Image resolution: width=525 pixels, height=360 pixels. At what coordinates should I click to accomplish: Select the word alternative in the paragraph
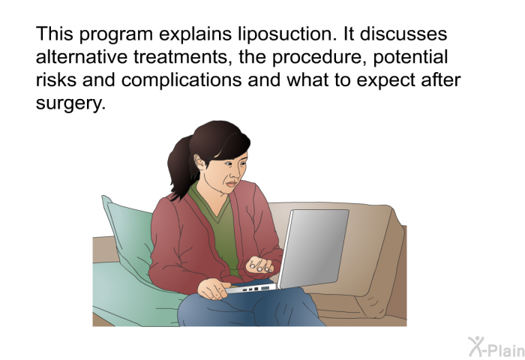click(81, 56)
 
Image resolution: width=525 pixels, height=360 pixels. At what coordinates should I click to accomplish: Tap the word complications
click(181, 80)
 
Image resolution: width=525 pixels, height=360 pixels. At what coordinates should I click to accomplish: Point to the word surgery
click(70, 103)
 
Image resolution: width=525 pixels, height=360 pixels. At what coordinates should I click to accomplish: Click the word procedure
click(319, 57)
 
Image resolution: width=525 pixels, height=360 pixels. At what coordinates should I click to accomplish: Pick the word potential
click(410, 57)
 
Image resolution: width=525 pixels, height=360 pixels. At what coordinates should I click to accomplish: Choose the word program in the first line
click(115, 35)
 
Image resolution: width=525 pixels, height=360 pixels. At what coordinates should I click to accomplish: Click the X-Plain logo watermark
click(496, 347)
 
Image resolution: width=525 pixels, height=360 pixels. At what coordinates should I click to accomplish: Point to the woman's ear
click(200, 162)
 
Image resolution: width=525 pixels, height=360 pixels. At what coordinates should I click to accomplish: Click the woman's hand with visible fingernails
click(259, 264)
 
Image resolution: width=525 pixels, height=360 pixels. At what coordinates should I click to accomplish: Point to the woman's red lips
click(231, 184)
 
